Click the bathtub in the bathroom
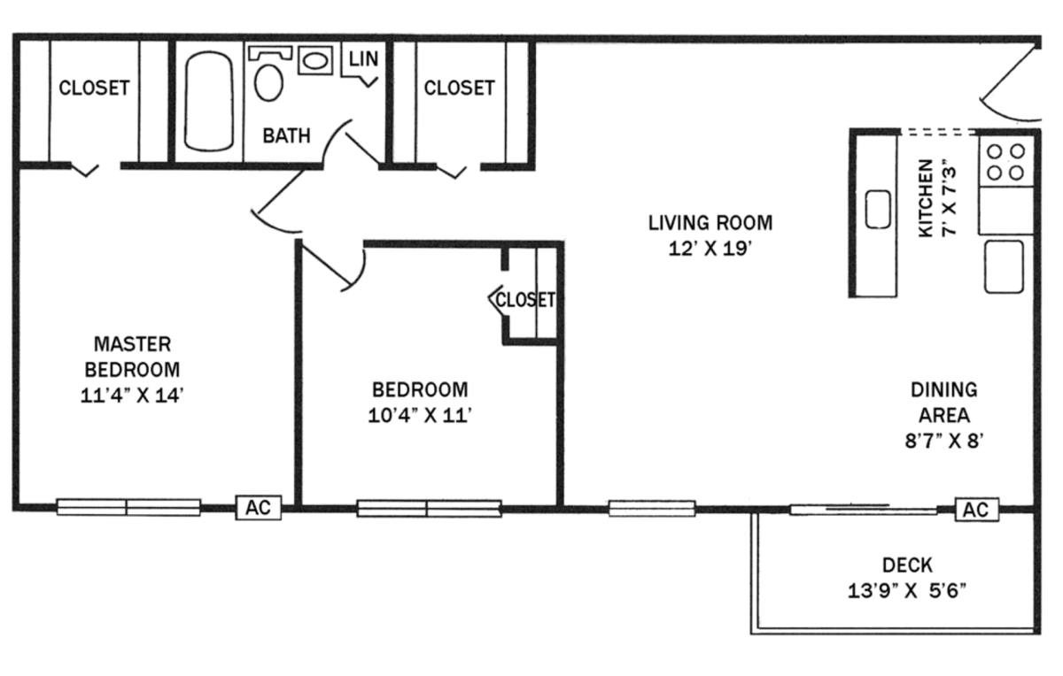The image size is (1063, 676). coord(209,101)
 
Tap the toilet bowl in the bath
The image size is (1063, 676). coord(268,83)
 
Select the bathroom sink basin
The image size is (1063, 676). coord(314,61)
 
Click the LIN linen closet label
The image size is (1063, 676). coord(363,58)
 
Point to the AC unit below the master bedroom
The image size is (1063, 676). coord(259,508)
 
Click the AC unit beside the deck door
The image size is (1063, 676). coord(977,510)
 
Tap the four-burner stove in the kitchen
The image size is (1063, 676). coord(1006,162)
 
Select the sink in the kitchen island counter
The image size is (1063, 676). coord(878,209)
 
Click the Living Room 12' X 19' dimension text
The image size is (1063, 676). coord(710,249)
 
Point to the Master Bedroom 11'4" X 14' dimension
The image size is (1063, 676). coord(132,396)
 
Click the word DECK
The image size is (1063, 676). coord(907,565)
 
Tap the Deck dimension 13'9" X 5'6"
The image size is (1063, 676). coord(907,591)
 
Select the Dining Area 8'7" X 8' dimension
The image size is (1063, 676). coord(944,441)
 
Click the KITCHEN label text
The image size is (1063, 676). coord(926,198)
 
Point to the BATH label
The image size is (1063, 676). coord(287,136)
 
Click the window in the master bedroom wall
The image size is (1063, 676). coord(128,507)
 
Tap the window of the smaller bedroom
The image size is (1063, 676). coord(429,509)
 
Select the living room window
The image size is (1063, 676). coord(652,509)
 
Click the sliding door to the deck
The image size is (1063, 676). coord(863,510)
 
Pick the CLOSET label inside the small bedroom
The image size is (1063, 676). coord(525,300)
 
